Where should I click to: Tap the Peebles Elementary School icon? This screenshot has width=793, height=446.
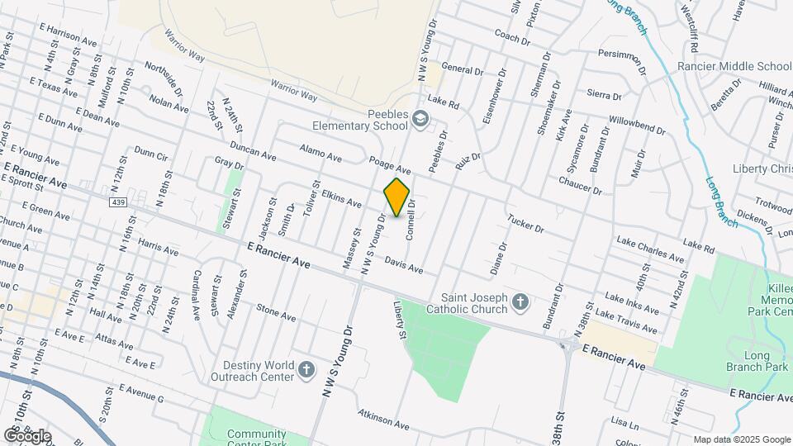[x=420, y=120]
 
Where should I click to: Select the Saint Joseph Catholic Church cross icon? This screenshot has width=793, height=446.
[x=520, y=301]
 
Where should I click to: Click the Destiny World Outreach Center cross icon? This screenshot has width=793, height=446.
[x=306, y=369]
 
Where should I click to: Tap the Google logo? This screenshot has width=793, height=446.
[x=26, y=435]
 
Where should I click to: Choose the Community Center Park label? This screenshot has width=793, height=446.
[x=256, y=439]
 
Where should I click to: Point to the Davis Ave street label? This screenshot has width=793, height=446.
[x=404, y=265]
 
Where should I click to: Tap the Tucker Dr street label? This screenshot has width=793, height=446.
[x=525, y=224]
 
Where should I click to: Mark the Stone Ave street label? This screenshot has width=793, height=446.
[x=276, y=312]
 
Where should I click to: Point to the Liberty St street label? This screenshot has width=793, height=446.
[x=400, y=321]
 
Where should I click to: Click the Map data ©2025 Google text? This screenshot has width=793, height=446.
[x=742, y=439]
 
